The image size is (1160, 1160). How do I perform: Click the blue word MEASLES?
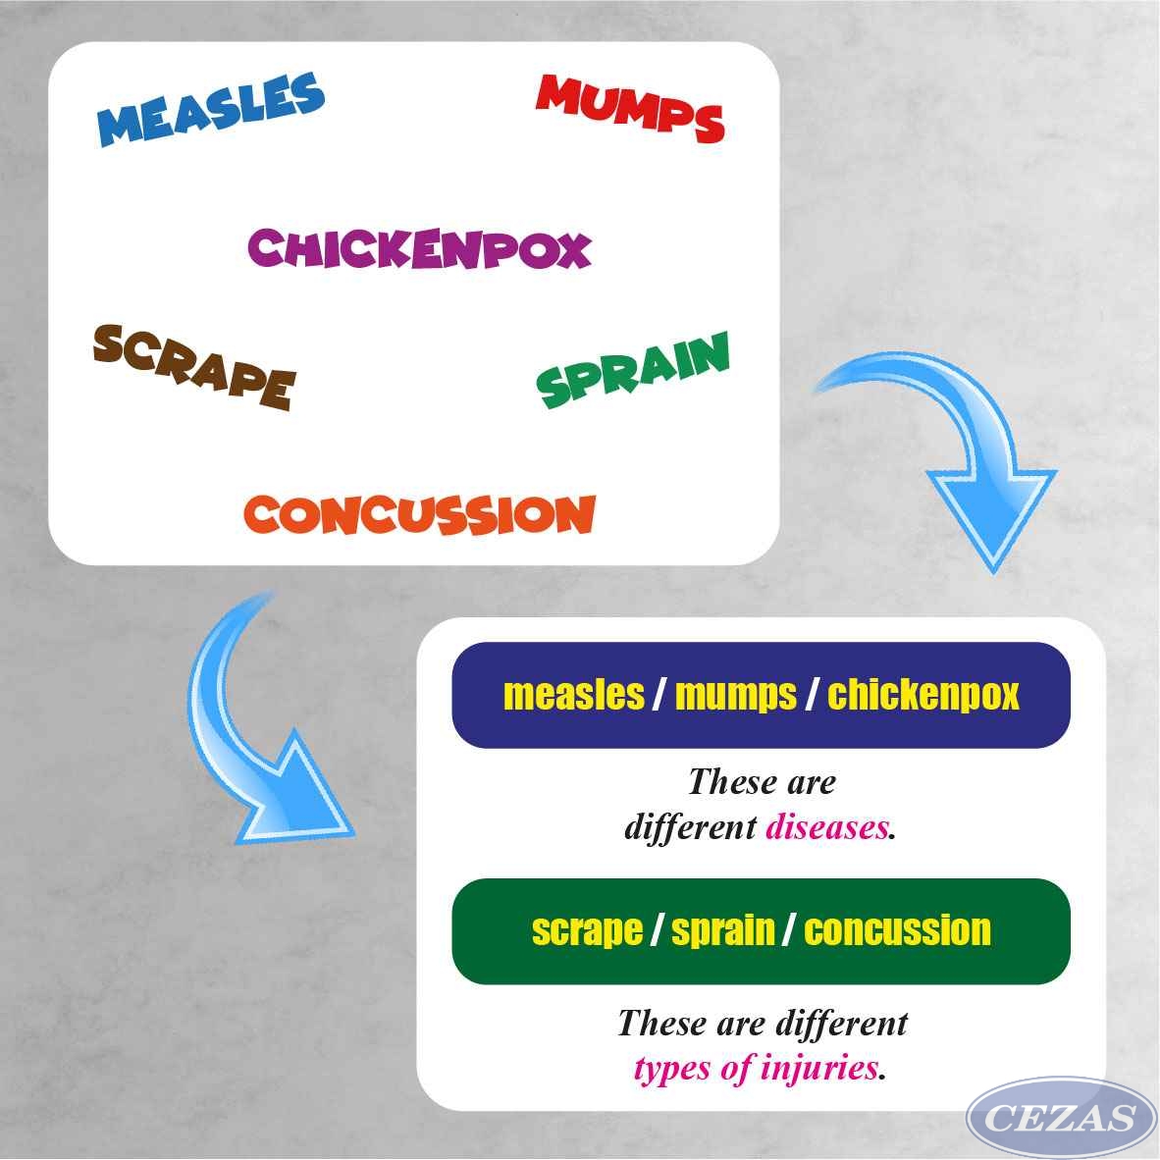tap(211, 109)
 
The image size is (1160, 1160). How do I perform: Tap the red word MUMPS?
tap(630, 108)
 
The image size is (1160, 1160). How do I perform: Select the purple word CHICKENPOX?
tap(419, 248)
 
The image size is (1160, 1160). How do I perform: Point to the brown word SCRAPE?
tap(194, 367)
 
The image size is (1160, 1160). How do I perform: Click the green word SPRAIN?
tap(633, 370)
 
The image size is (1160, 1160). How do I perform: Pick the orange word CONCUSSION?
tap(419, 514)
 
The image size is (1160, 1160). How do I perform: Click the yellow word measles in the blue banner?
tap(574, 695)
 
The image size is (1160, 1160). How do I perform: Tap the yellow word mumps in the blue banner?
tap(736, 696)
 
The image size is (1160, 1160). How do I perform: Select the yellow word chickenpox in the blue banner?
tap(923, 696)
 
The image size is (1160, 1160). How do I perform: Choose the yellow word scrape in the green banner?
tap(587, 930)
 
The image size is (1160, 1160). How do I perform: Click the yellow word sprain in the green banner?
tap(722, 930)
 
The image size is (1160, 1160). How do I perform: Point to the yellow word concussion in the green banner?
tap(897, 930)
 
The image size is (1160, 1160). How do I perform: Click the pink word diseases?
tap(827, 827)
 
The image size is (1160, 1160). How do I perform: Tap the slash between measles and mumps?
tap(659, 696)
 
